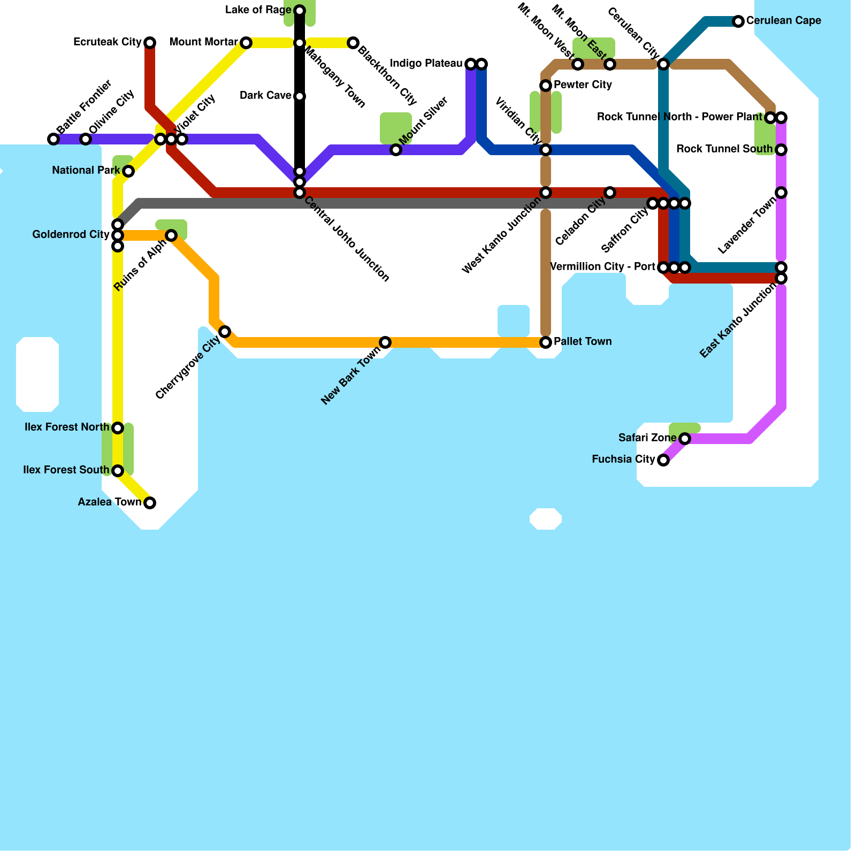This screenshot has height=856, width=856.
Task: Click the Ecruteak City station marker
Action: click(150, 43)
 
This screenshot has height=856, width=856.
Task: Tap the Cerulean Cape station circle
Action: click(738, 21)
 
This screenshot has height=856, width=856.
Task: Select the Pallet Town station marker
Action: click(546, 342)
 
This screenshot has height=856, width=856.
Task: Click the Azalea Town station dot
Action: click(150, 503)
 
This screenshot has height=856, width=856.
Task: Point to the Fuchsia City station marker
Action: click(663, 460)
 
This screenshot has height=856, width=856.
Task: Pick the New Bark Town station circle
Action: click(385, 342)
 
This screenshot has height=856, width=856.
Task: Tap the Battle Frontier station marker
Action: click(53, 139)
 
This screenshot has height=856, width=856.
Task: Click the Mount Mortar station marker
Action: click(246, 43)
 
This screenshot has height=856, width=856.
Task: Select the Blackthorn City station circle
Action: click(353, 43)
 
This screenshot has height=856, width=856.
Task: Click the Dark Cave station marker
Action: click(300, 96)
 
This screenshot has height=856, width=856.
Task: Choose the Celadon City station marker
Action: click(610, 193)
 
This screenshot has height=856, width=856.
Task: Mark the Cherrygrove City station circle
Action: click(225, 332)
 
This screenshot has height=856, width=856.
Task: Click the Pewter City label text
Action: click(583, 85)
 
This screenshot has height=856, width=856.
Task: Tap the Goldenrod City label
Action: click(71, 235)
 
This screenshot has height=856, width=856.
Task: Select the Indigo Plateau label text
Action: click(426, 64)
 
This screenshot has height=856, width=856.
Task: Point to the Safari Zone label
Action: click(647, 438)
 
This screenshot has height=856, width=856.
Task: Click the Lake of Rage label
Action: click(258, 10)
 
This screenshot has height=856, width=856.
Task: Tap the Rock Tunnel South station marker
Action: click(781, 150)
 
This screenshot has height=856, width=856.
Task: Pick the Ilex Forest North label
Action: click(67, 427)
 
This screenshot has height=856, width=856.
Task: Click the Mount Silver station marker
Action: click(396, 150)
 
